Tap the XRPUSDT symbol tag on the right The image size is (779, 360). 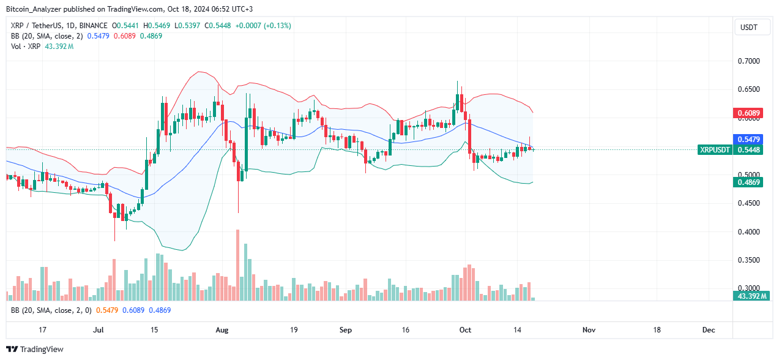pos(715,150)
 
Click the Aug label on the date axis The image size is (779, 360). pos(222,330)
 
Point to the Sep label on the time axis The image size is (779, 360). pos(346,330)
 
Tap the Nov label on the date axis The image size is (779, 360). pos(589,330)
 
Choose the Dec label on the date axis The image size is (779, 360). pos(709,330)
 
